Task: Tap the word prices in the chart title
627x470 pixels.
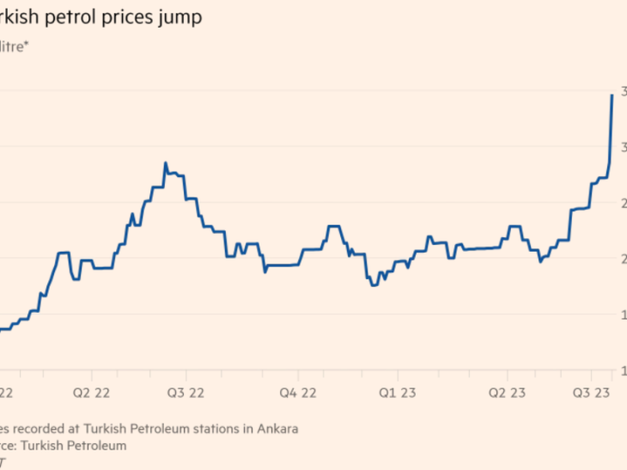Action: [134, 18]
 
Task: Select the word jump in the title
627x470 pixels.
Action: [183, 18]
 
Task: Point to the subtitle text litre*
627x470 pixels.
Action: [15, 49]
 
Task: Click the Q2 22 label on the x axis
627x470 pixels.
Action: [90, 393]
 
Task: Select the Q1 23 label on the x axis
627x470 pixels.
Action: [397, 393]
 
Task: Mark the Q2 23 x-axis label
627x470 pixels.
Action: [507, 393]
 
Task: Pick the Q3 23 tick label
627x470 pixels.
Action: [592, 393]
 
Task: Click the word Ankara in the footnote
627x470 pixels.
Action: [277, 429]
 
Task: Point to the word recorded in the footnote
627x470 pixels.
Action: [50, 429]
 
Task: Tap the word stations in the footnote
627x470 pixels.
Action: [221, 429]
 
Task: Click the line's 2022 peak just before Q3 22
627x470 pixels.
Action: [165, 163]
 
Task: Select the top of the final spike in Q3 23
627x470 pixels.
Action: [612, 95]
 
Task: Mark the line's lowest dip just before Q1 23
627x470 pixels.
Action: [373, 284]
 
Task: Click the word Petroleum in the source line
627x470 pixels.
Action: [96, 445]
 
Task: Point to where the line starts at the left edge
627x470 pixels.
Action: [2, 329]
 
